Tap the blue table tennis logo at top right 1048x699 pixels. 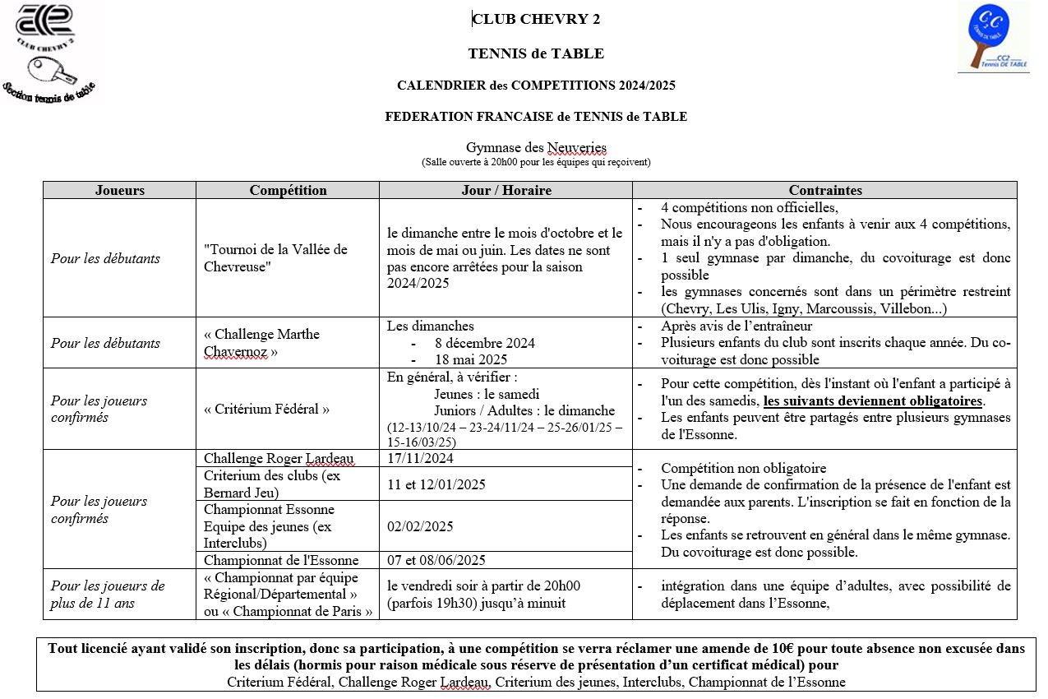tap(993, 38)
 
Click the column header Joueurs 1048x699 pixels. tap(119, 190)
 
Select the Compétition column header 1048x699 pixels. tap(288, 190)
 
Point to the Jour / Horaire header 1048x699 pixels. tap(506, 190)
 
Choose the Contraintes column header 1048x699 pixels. tap(824, 190)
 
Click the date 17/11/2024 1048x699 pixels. tap(420, 458)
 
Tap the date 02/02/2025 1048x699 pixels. tap(420, 526)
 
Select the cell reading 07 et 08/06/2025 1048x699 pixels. tap(436, 560)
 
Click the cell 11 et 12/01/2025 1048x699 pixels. tap(436, 484)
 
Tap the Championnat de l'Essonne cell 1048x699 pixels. tap(281, 560)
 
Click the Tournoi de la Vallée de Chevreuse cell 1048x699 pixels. tap(275, 258)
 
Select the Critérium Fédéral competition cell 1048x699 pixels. tap(267, 409)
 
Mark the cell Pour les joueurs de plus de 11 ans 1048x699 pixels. tap(108, 595)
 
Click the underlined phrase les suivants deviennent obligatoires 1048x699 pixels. tap(873, 402)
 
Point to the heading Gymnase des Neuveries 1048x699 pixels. tap(536, 148)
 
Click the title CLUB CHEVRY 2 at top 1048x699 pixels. tap(536, 20)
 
